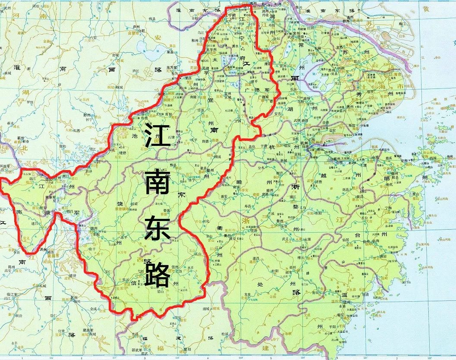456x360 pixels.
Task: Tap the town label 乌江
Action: [x=200, y=32]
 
